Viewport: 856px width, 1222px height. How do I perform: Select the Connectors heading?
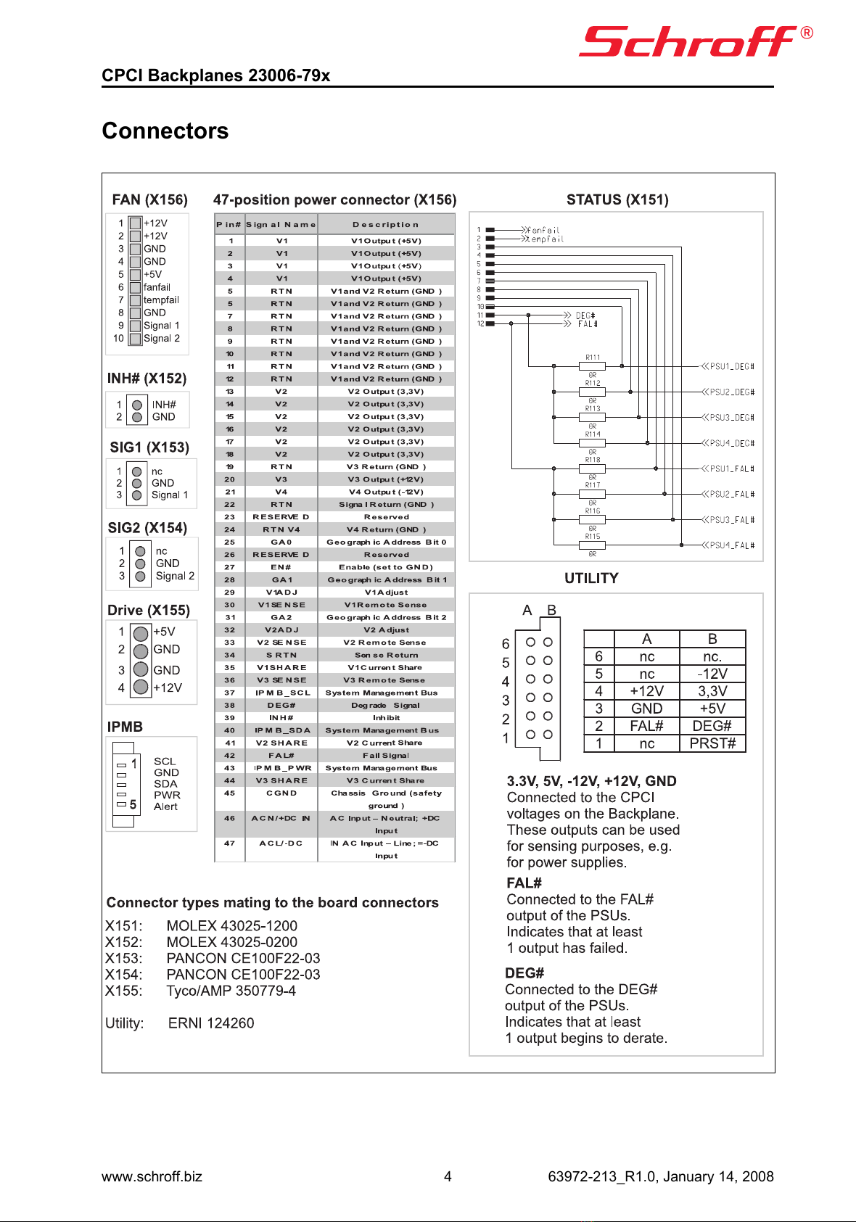click(165, 131)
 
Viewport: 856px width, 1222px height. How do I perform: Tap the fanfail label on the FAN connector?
click(157, 287)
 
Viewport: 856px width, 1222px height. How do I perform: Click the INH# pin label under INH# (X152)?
click(164, 405)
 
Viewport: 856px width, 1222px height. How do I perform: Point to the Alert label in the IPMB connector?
click(165, 806)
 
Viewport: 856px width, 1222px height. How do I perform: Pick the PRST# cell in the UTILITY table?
click(712, 743)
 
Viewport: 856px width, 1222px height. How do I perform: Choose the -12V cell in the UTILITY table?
click(712, 674)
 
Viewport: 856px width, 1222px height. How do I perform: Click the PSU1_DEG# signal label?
click(732, 367)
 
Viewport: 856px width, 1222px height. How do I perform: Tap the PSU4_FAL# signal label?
click(732, 545)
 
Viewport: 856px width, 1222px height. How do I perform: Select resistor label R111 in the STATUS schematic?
click(593, 358)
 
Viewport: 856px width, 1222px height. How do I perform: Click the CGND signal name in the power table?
click(281, 793)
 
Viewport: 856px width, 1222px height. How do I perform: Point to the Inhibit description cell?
click(386, 718)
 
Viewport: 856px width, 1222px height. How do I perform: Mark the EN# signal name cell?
click(281, 567)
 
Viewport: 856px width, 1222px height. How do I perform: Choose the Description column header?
click(386, 225)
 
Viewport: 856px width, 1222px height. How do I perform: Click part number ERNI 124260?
click(211, 1023)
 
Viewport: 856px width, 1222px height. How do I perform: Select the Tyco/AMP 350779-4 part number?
click(231, 991)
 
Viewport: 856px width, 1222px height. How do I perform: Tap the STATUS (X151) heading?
click(617, 199)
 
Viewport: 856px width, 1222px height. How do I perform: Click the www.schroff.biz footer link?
click(152, 1176)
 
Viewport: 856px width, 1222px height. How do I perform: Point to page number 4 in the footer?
click(448, 1176)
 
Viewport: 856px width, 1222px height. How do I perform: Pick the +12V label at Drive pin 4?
click(168, 688)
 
